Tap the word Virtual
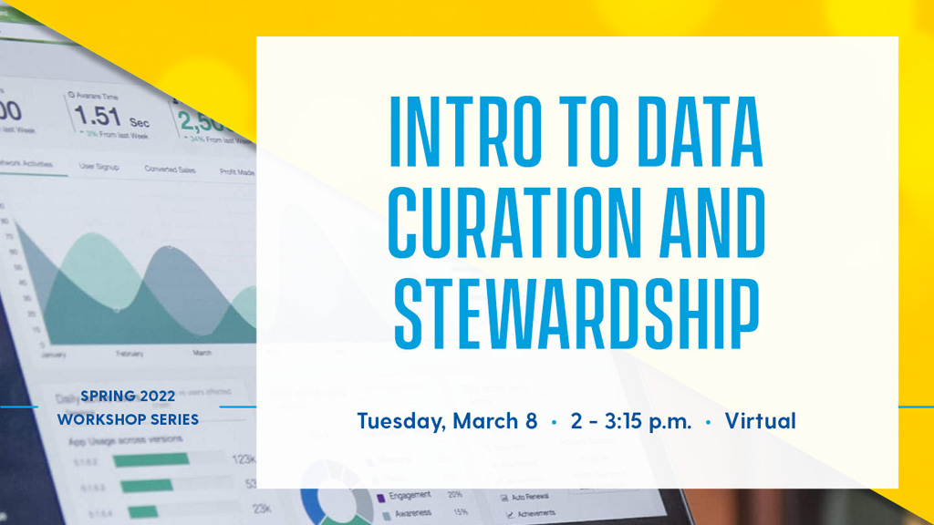click(x=761, y=421)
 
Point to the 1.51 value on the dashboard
click(x=97, y=116)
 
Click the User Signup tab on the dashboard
click(x=99, y=167)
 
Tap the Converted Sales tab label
click(x=170, y=170)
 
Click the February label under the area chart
click(x=129, y=352)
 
